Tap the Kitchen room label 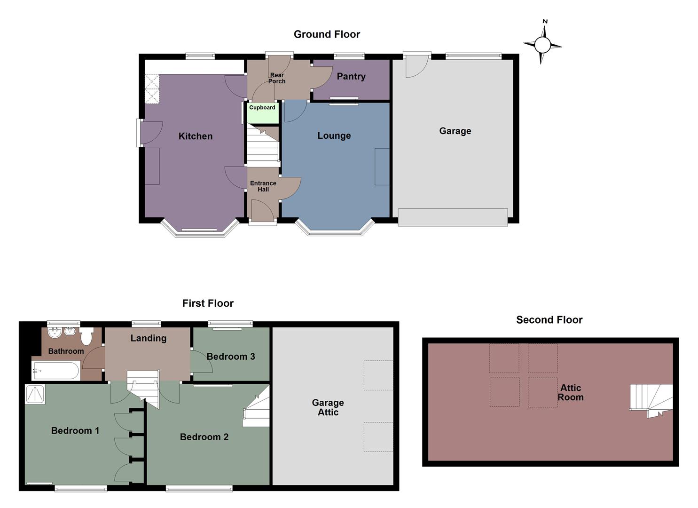tap(196, 136)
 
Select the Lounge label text tap(334, 136)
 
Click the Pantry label tap(351, 77)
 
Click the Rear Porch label tap(277, 78)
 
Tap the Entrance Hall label tap(263, 186)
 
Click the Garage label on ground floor tap(455, 131)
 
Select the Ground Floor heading tap(327, 34)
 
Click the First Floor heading tap(208, 303)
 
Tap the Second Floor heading tap(549, 320)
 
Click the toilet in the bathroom tap(86, 336)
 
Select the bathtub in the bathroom tap(55, 371)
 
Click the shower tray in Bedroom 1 tap(35, 394)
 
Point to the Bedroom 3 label tap(231, 357)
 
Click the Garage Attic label tap(328, 407)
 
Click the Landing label tap(149, 338)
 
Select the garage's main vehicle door tap(453, 217)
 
